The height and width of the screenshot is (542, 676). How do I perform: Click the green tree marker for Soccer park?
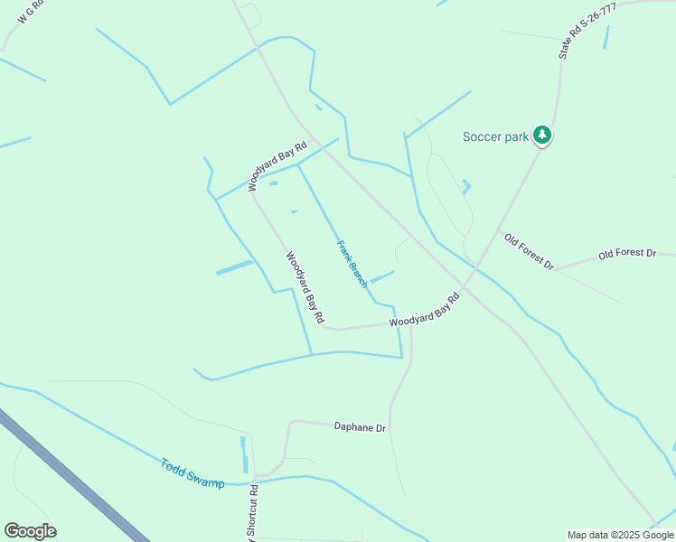point(542,135)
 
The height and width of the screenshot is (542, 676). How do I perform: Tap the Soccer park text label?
point(495,137)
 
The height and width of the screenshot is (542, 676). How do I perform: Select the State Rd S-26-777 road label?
point(587,32)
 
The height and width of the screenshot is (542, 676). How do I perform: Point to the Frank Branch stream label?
point(352,264)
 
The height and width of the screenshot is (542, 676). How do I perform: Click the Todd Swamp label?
point(192,474)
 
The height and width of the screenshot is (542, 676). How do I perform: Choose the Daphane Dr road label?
point(360,426)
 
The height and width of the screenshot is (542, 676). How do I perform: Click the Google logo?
point(30,531)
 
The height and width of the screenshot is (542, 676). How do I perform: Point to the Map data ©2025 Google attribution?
point(621,535)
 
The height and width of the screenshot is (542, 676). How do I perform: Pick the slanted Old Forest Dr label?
point(529,251)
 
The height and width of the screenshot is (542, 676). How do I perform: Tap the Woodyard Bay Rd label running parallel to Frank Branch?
point(305,287)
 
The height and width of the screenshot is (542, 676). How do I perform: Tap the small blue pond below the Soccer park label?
point(466,187)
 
